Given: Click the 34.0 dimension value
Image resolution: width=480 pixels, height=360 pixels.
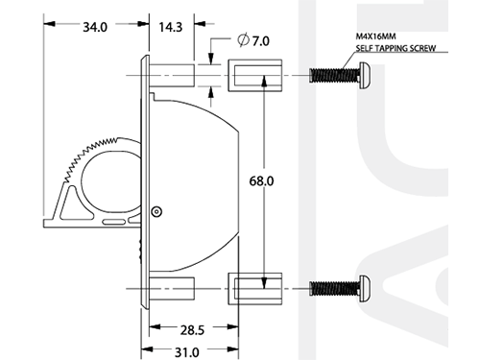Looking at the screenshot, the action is [95, 27].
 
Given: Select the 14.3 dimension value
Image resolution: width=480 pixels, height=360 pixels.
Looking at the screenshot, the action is [171, 27].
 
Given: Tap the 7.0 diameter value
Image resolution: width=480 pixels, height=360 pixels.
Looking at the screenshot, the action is [261, 41].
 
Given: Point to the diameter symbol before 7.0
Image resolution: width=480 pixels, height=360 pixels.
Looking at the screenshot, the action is [244, 39].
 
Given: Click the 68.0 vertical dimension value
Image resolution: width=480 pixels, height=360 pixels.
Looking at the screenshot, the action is [261, 181].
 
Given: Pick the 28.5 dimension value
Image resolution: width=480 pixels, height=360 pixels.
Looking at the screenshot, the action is [192, 330].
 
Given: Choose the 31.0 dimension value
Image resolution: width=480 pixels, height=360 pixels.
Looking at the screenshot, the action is [187, 352].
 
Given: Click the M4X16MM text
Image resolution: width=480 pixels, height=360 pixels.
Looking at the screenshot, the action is [375, 36].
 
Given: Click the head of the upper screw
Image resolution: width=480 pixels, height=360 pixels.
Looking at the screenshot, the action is [365, 76].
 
